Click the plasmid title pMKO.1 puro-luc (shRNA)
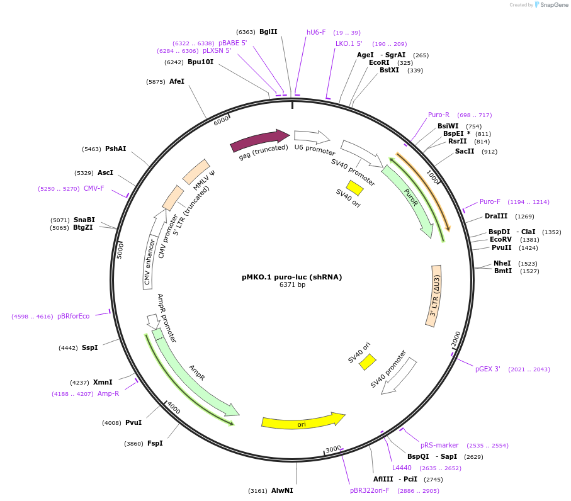coord(291,276)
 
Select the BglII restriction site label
coord(268,31)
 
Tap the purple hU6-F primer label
coord(316,32)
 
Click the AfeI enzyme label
coord(177,81)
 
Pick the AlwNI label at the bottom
coord(282,490)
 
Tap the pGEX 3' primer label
coord(488,369)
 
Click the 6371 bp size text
coord(292,285)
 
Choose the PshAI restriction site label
coord(115,149)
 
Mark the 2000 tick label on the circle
coord(456,341)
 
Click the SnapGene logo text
coord(553,5)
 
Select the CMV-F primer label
coord(94,188)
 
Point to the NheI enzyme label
coord(502,263)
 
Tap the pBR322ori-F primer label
coord(370,490)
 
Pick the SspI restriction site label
coord(89,347)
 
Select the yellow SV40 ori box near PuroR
coord(355,188)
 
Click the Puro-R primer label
coord(439,115)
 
